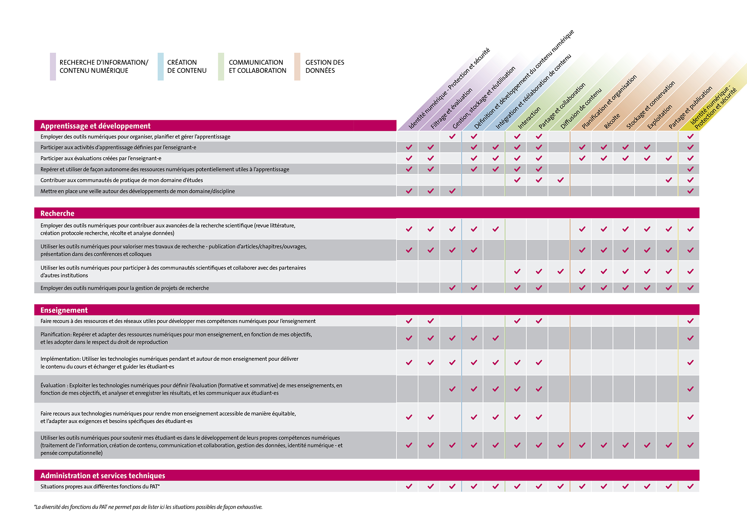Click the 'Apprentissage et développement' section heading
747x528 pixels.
click(95, 126)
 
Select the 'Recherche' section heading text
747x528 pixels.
click(57, 213)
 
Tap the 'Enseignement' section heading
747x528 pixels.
click(64, 310)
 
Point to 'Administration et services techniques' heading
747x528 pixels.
click(103, 475)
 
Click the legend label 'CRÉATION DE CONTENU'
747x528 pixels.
click(187, 66)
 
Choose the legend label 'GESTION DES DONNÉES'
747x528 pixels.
click(325, 66)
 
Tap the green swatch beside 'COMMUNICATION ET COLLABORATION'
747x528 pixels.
click(221, 66)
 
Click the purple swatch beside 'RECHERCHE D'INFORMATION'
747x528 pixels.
click(53, 66)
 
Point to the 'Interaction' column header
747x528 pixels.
click(529, 118)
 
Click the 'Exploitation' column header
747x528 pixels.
click(660, 117)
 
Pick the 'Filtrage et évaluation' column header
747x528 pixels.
click(451, 108)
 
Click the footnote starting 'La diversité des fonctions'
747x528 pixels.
click(148, 507)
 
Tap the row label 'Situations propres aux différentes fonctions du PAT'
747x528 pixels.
click(100, 487)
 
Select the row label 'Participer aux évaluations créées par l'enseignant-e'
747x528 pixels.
click(101, 158)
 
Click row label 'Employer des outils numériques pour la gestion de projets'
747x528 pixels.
click(124, 288)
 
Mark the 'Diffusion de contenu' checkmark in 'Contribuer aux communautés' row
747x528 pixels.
click(560, 180)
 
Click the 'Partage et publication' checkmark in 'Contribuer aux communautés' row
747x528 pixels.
click(669, 180)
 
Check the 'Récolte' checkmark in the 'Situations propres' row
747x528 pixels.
click(604, 487)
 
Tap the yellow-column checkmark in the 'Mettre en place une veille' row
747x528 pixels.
click(690, 191)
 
